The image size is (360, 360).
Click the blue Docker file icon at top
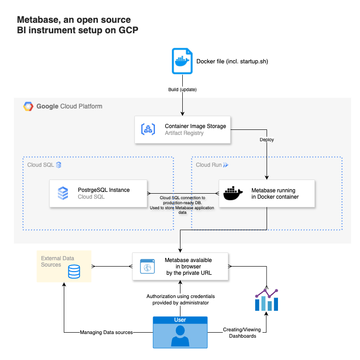pyautogui.click(x=182, y=61)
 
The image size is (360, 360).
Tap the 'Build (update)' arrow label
pyautogui.click(x=182, y=89)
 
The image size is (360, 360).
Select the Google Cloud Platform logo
pyautogui.click(x=28, y=107)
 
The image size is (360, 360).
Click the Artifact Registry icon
pyautogui.click(x=149, y=129)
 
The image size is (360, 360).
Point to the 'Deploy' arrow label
pyautogui.click(x=267, y=140)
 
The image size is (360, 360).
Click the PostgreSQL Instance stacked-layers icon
pyautogui.click(x=63, y=193)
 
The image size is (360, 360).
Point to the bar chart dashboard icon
pyautogui.click(x=267, y=299)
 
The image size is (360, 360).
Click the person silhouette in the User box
pyautogui.click(x=180, y=336)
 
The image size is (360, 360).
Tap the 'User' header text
pyautogui.click(x=180, y=320)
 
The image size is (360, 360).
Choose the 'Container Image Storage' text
pyautogui.click(x=195, y=126)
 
